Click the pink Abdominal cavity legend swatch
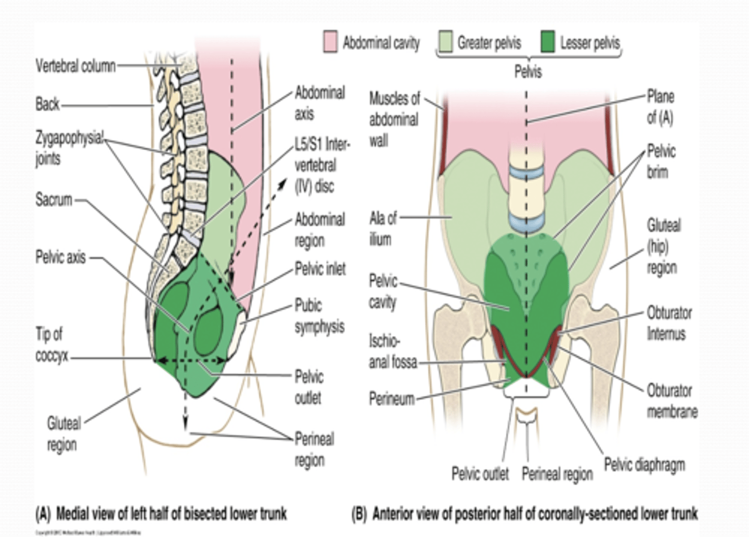pos(330,42)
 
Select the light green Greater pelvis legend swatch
pos(445,42)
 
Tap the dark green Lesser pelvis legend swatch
pos(547,42)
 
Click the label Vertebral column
pos(75,66)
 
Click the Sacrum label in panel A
pos(54,199)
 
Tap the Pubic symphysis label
pos(319,316)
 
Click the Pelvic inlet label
pos(320,269)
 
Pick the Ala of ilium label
pos(383,229)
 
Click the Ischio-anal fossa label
pos(393,351)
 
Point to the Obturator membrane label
pos(671,401)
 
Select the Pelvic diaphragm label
pos(644,465)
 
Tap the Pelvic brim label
pos(661,162)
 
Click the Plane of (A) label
pos(660,107)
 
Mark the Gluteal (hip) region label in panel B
pos(662,246)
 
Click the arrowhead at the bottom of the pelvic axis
pos(185,426)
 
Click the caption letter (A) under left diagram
pos(43,515)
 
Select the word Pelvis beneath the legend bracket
pos(528,71)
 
